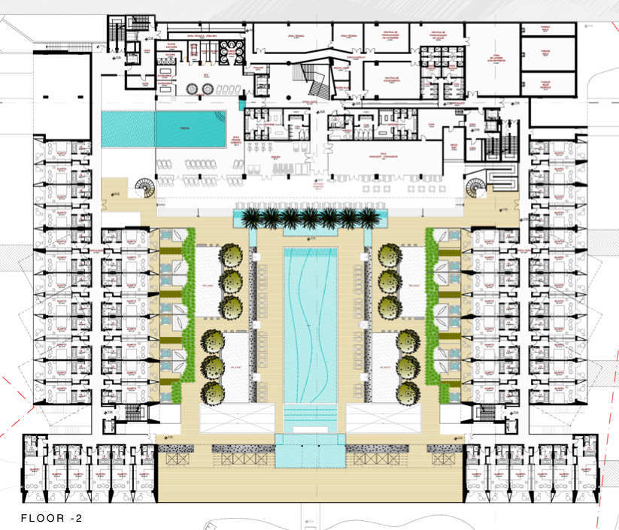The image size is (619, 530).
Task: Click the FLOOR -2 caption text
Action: [51, 517]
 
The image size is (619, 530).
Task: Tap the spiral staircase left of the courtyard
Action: [143, 187]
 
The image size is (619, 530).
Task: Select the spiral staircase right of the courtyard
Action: [475, 187]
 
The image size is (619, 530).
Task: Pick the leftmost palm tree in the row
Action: [251, 219]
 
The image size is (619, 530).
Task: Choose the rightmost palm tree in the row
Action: [368, 219]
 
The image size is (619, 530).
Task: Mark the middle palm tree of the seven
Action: [310, 219]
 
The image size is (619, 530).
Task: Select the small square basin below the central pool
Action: [310, 450]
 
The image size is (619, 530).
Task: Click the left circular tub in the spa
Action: [189, 89]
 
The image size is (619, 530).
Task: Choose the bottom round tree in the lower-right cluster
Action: [408, 392]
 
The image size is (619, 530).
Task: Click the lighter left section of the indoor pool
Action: [128, 129]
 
